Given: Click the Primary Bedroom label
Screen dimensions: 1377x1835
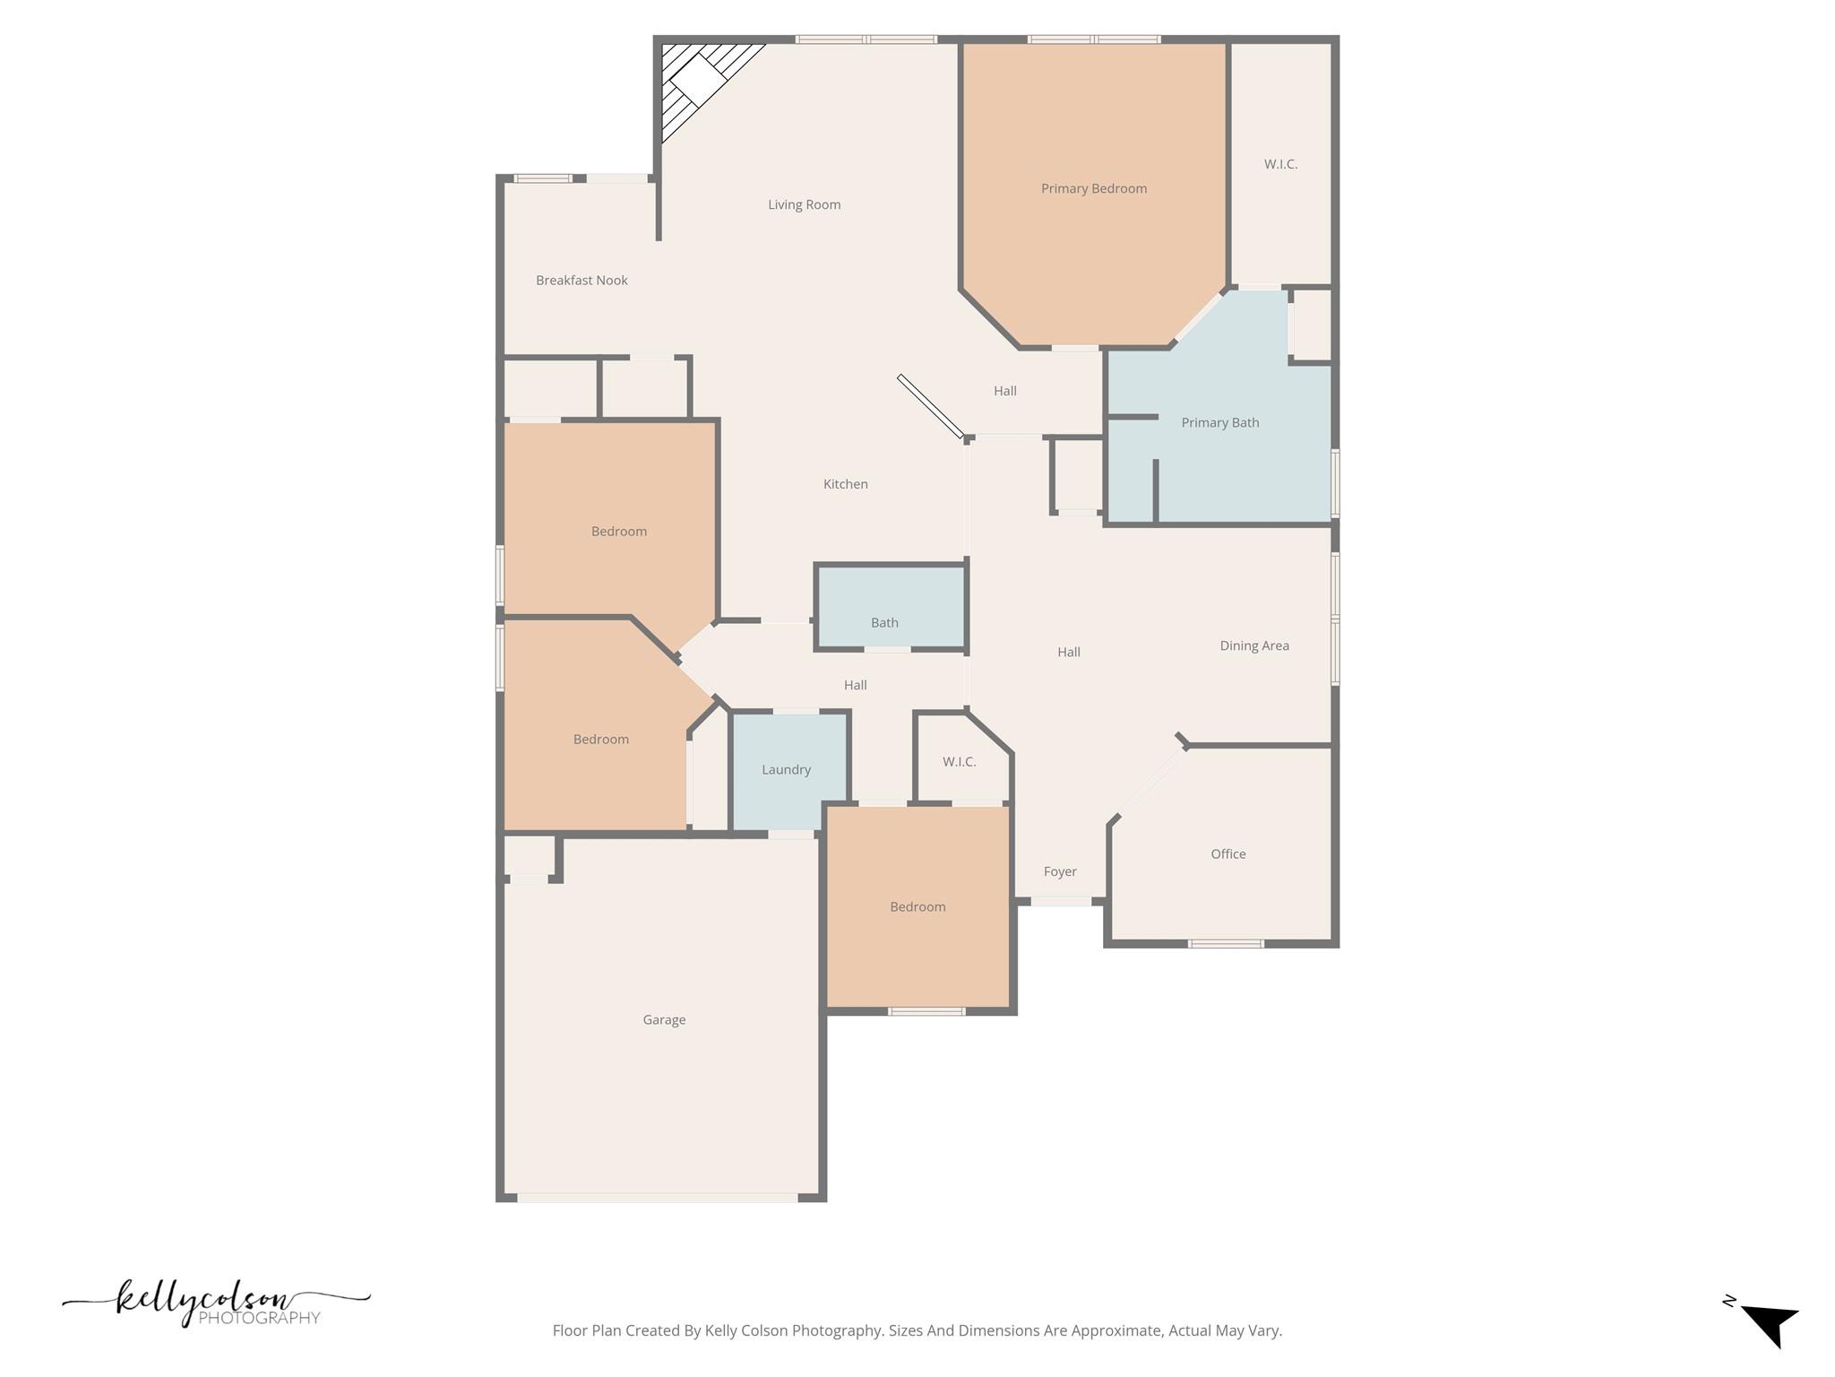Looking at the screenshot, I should pos(1093,188).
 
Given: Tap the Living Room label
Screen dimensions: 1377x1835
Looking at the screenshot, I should pos(804,204).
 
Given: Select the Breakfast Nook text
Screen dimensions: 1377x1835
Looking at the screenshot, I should pos(582,281).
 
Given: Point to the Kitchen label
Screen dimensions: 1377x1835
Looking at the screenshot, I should pos(845,484).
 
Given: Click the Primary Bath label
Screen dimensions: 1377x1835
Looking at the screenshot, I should pos(1219,422).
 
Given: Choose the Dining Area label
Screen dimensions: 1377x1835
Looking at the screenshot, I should pos(1253,645).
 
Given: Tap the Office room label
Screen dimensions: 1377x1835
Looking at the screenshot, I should pos(1228,854).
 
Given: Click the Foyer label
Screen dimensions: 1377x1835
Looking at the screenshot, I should pos(1059,871).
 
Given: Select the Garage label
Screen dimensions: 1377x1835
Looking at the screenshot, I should pos(664,1020).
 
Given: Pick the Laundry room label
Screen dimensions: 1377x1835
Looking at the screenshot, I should pos(786,770).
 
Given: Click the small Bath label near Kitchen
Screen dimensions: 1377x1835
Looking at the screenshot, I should pos(884,623).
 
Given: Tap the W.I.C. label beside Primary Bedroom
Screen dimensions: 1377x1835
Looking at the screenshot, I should pos(1280,164).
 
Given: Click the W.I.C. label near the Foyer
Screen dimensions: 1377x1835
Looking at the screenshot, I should pos(959,762).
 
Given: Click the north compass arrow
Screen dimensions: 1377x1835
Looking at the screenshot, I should pos(1770,1325).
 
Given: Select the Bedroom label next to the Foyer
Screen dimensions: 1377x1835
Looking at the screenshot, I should pos(917,907).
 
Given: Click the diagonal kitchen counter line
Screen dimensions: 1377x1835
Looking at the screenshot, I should pos(930,406).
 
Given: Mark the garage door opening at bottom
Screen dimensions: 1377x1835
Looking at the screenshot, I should pos(659,1198).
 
